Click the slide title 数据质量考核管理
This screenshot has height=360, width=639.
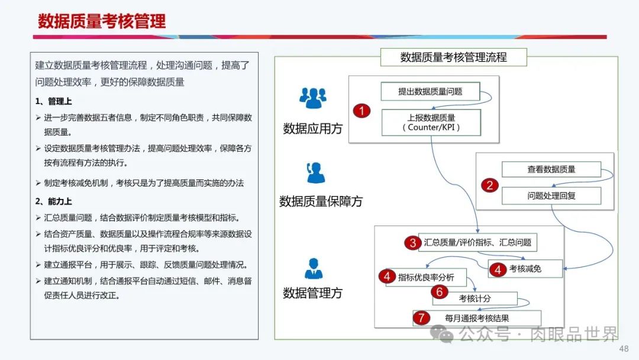pos(102,21)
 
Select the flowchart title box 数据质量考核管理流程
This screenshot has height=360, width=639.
pos(454,57)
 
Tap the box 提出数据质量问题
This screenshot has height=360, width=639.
pos(430,91)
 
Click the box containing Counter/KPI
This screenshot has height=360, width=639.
pos(431,123)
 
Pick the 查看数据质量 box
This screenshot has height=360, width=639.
pos(551,169)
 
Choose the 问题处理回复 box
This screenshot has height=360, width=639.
pos(551,196)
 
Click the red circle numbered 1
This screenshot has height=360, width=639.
pos(362,111)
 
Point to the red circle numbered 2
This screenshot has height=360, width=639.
pos(490,185)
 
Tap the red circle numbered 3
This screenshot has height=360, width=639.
pos(413,243)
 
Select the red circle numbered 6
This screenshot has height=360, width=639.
pos(439,291)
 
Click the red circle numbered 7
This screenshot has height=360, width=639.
pos(421,318)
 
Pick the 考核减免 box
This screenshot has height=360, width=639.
pos(525,269)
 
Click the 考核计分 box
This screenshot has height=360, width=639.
pos(475,298)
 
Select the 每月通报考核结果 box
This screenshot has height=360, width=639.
pos(477,318)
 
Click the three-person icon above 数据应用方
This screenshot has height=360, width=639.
pos(313,98)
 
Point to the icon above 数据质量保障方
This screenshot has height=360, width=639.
pos(315,173)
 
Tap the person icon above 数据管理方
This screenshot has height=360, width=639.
pos(314,268)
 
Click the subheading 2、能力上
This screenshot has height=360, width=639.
pos(53,201)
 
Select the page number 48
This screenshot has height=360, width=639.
pos(624,349)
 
